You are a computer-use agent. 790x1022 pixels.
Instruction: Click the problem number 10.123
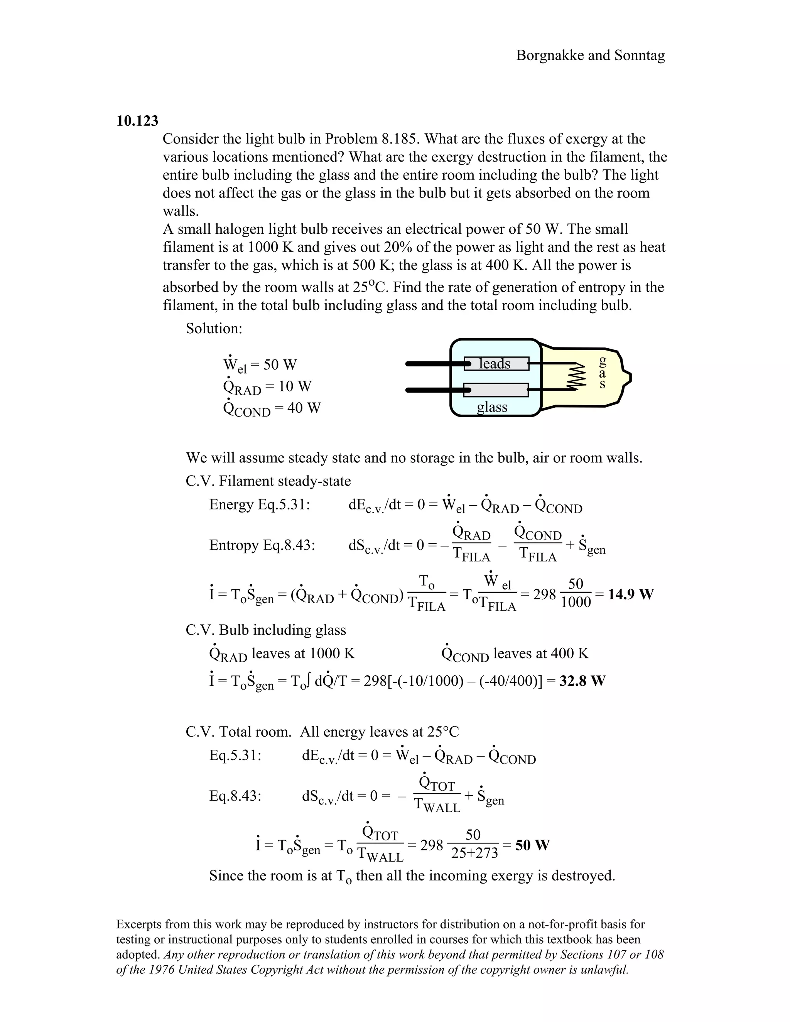(x=137, y=121)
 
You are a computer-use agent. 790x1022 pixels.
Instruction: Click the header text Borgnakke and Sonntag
(x=590, y=55)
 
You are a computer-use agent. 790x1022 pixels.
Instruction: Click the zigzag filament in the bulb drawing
(x=577, y=376)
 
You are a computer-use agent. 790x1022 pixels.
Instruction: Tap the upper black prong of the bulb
(x=428, y=364)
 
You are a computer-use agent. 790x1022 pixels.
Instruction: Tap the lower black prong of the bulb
(x=428, y=390)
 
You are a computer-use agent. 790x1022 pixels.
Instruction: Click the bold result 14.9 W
(x=630, y=594)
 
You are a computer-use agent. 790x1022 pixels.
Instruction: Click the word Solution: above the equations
(x=214, y=329)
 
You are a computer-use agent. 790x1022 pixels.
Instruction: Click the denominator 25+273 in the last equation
(x=474, y=853)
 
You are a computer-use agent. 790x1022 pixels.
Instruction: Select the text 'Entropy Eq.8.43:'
(x=262, y=545)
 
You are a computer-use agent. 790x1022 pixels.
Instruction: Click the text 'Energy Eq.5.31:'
(x=259, y=504)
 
